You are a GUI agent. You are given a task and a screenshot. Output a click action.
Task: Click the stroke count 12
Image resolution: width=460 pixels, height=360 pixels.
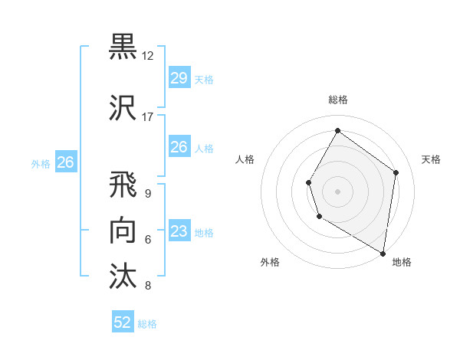click(x=148, y=56)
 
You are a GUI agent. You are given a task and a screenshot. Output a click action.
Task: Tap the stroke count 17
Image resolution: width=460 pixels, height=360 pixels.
click(x=148, y=117)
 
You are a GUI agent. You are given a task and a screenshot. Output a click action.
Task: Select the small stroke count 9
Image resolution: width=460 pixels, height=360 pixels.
click(x=147, y=194)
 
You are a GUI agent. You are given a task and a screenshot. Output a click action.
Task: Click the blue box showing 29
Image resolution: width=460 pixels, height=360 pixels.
click(x=179, y=78)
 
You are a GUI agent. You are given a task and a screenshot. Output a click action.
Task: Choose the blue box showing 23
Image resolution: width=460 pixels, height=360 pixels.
click(x=179, y=231)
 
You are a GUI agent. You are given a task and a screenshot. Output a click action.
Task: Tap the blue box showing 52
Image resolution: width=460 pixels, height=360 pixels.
click(x=123, y=322)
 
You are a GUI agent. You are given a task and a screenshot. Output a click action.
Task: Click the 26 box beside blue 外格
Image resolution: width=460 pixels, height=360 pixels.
click(x=65, y=162)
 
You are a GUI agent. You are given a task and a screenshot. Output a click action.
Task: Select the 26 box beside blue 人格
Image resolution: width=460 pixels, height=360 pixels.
click(x=179, y=147)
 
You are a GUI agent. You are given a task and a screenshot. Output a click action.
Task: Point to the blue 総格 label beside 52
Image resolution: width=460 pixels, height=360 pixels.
click(x=148, y=324)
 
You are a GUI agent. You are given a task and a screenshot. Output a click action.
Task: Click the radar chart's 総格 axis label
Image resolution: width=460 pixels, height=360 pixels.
click(x=337, y=100)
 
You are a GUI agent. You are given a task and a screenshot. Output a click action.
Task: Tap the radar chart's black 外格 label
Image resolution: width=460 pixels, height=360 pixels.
click(x=270, y=263)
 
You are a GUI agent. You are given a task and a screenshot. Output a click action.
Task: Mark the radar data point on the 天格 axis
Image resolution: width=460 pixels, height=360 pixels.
click(x=396, y=172)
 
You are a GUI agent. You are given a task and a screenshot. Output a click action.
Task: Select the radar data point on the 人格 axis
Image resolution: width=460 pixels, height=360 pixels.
click(x=309, y=182)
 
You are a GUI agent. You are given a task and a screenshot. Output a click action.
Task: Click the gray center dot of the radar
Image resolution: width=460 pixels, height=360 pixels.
click(x=337, y=191)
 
